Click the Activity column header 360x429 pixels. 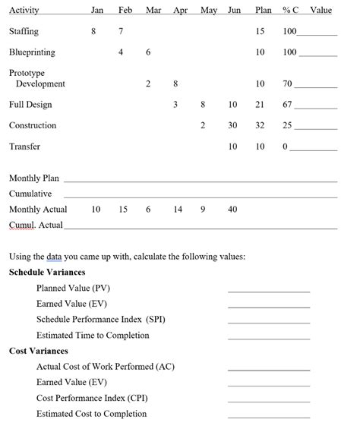tap(24, 11)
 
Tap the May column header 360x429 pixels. tap(208, 11)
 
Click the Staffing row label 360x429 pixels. tap(24, 32)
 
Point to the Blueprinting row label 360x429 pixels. tap(32, 52)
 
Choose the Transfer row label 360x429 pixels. tap(24, 147)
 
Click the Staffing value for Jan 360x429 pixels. tap(93, 32)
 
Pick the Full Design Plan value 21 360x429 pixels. tap(260, 105)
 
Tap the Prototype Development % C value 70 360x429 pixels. tap(286, 84)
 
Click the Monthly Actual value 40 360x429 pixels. tap(232, 209)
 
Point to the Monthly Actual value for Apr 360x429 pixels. tap(178, 209)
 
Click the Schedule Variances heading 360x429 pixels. tap(47, 272)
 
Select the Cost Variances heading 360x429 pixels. tap(39, 351)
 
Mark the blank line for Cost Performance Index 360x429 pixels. tap(269, 399)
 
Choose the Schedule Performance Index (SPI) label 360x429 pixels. tap(101, 320)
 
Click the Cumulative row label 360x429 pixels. tap(30, 194)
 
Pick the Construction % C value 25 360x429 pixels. tap(287, 125)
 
